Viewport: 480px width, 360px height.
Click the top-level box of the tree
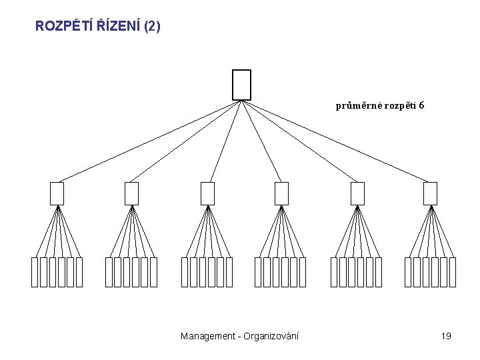(241, 85)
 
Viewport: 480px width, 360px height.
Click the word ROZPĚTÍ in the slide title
(64, 27)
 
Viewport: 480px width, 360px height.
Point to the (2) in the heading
(152, 27)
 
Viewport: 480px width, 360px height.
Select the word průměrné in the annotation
(357, 105)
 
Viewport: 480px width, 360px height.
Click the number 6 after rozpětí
(422, 105)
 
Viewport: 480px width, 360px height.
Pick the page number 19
(446, 336)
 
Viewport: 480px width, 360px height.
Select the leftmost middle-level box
(57, 193)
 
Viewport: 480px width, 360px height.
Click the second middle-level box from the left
(131, 193)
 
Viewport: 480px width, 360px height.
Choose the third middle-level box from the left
(208, 193)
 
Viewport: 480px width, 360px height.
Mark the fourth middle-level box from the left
(282, 193)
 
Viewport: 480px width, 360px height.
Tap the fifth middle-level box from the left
(358, 193)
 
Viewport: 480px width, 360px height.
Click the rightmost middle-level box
(431, 193)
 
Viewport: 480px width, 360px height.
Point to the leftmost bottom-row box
(35, 272)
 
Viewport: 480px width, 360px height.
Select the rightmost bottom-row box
(453, 272)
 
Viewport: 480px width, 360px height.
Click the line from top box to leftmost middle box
(147, 141)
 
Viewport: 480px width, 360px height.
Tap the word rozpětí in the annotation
(398, 105)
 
